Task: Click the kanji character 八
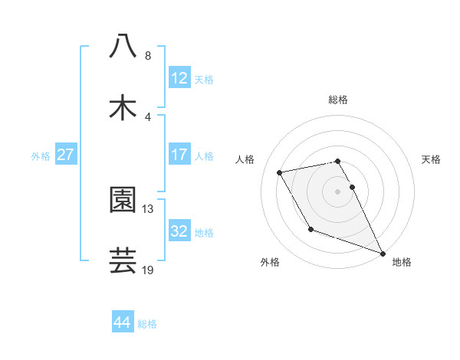(123, 47)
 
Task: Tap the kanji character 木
(123, 107)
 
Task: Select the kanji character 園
(123, 200)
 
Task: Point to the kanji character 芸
(123, 260)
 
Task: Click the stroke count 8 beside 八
(147, 55)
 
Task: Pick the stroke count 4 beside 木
(147, 116)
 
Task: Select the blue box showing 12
(179, 78)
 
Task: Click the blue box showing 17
(179, 155)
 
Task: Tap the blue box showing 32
(179, 231)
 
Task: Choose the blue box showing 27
(65, 155)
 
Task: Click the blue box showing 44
(122, 322)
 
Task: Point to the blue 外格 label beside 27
(41, 155)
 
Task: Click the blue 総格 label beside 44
(147, 324)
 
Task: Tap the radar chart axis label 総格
(338, 100)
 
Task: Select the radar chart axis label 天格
(431, 159)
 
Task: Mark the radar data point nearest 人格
(280, 172)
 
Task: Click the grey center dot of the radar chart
(338, 191)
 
